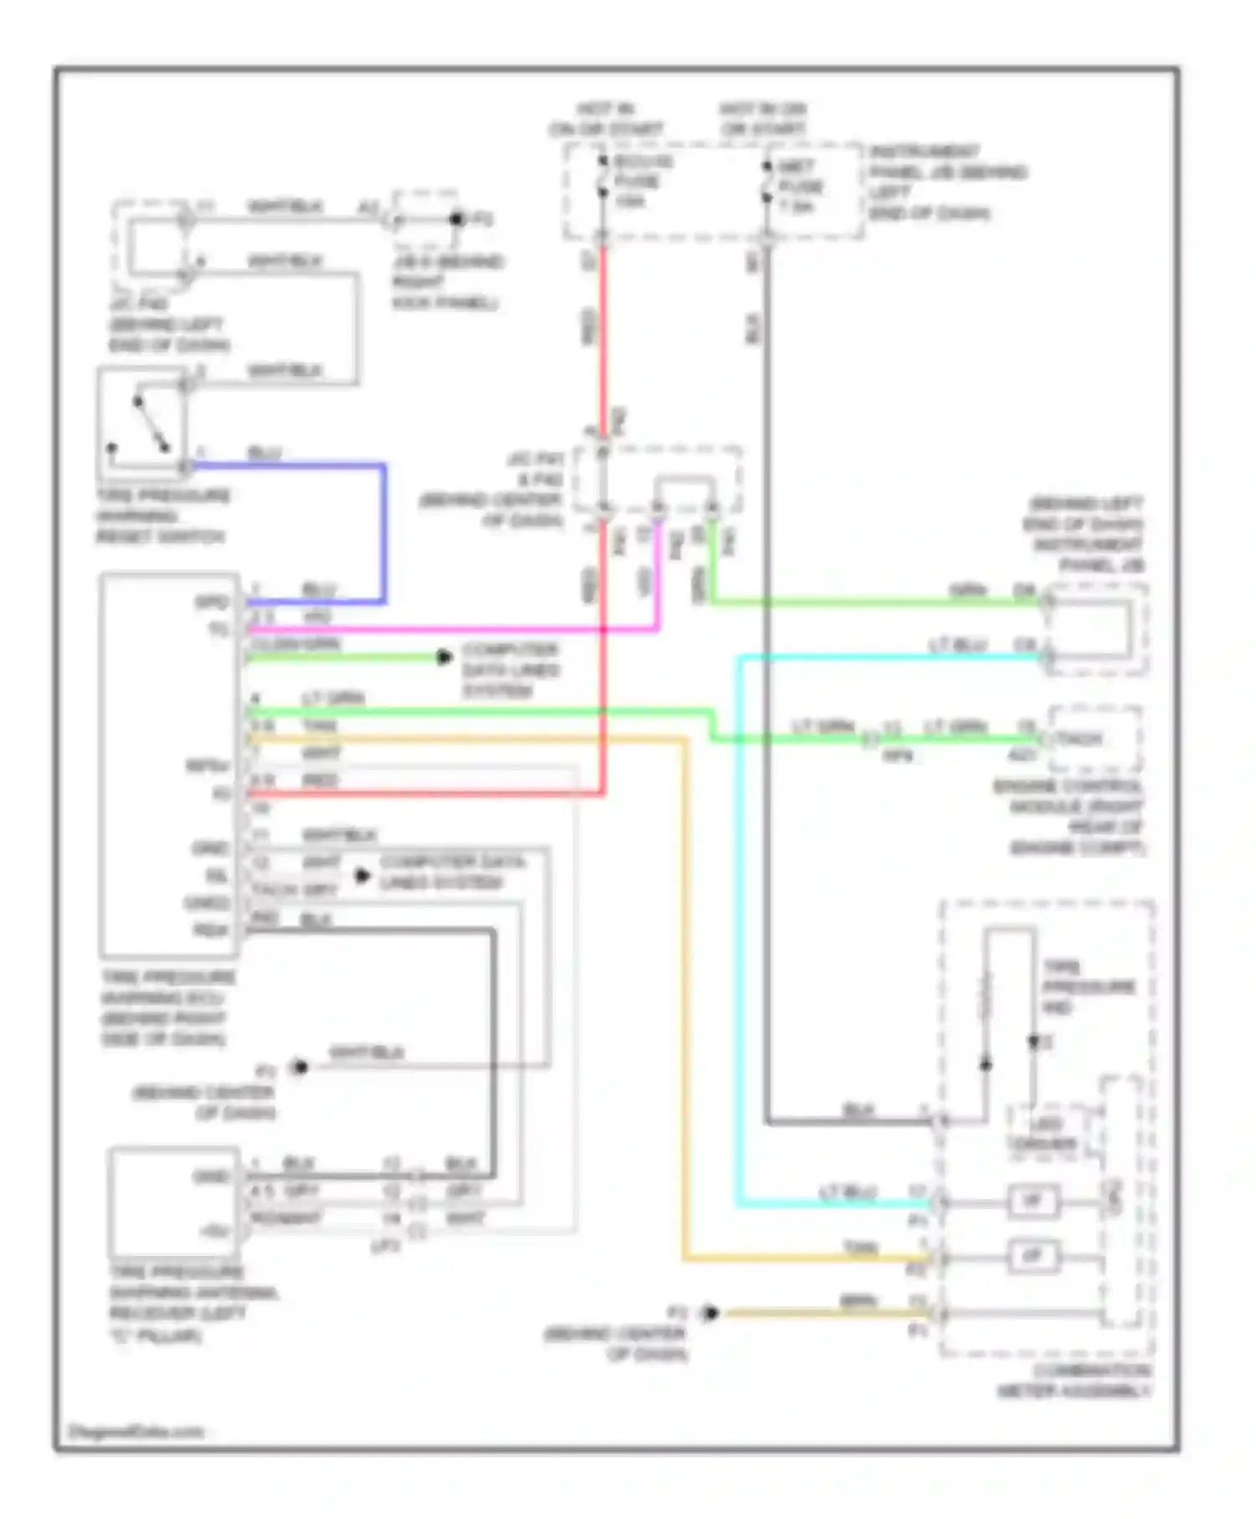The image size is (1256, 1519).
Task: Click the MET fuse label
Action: click(x=799, y=186)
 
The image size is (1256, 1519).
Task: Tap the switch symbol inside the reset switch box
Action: click(x=151, y=425)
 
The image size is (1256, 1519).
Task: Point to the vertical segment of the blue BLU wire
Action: click(x=383, y=533)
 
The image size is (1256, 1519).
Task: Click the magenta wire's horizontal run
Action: click(x=452, y=629)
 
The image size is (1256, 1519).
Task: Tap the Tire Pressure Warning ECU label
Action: click(x=167, y=1008)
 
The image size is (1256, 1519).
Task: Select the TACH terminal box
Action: click(x=1093, y=739)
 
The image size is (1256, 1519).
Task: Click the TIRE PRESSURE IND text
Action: click(x=1087, y=986)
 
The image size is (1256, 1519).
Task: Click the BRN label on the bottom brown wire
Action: click(x=857, y=1301)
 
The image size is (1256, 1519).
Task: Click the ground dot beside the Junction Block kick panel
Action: click(x=456, y=219)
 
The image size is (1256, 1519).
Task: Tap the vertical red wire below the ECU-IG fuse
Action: click(x=602, y=335)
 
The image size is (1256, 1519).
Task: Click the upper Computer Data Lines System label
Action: click(x=509, y=670)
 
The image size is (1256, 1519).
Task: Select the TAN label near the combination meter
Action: click(x=860, y=1249)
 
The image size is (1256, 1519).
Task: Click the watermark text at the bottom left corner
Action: click(x=136, y=1431)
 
